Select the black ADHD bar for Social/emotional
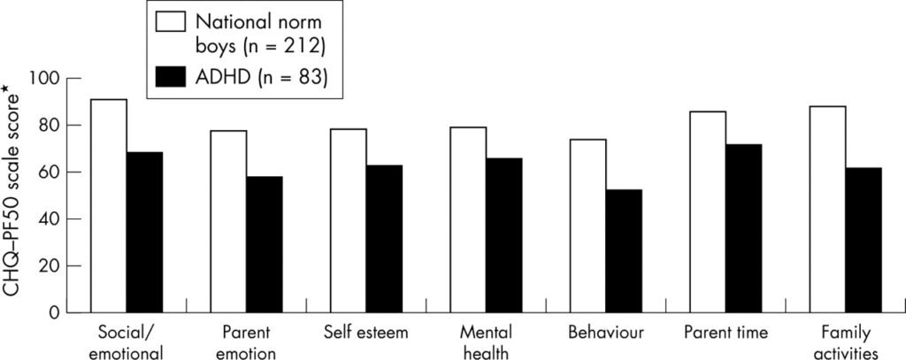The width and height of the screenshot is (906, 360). (144, 232)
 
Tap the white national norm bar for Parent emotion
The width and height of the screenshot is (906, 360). (228, 221)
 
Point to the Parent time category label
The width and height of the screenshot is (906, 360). (726, 333)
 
